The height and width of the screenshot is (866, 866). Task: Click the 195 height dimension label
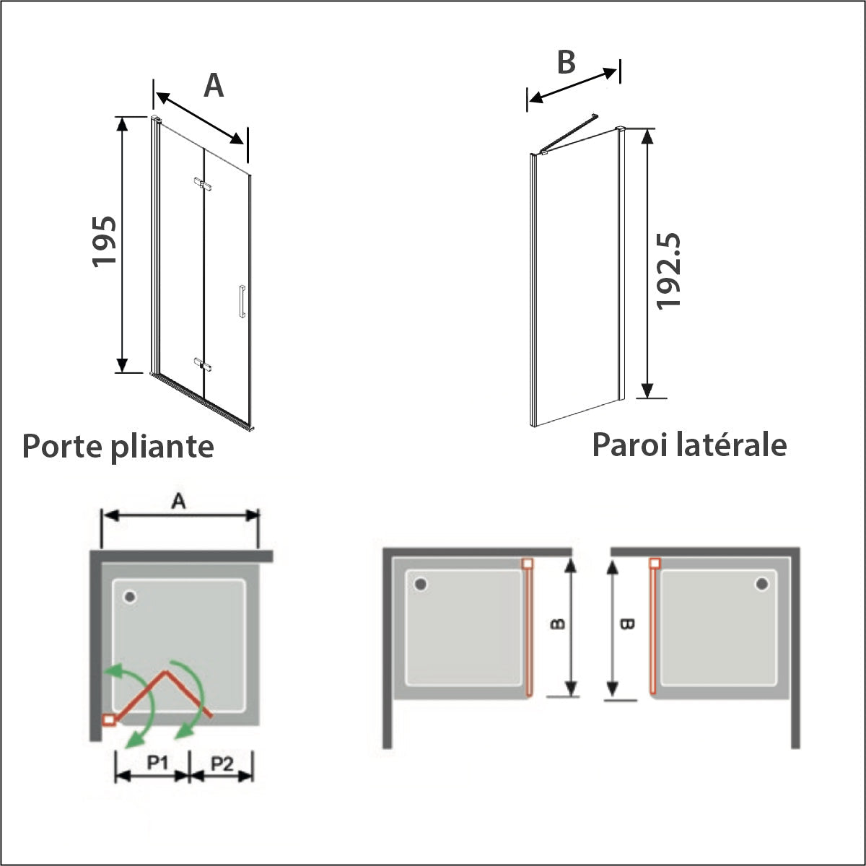[104, 242]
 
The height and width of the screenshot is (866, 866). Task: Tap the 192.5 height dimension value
[668, 271]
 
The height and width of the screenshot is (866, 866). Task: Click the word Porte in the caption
[62, 446]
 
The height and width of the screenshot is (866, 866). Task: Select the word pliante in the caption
[162, 447]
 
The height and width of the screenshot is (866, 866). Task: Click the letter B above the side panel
[567, 62]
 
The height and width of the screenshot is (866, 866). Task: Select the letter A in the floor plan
[178, 501]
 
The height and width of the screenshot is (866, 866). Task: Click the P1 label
[158, 762]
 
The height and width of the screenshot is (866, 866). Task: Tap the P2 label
[222, 763]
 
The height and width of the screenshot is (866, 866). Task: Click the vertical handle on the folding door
[242, 301]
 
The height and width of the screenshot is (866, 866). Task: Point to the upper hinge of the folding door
[203, 183]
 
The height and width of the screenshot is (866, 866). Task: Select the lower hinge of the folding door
[203, 364]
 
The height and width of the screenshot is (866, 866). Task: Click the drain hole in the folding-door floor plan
[130, 596]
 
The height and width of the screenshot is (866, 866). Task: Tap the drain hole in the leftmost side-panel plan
[421, 585]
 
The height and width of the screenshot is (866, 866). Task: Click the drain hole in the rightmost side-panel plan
[762, 584]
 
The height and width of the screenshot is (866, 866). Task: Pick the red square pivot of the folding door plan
[109, 720]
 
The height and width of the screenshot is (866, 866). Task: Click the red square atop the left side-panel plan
[528, 563]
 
